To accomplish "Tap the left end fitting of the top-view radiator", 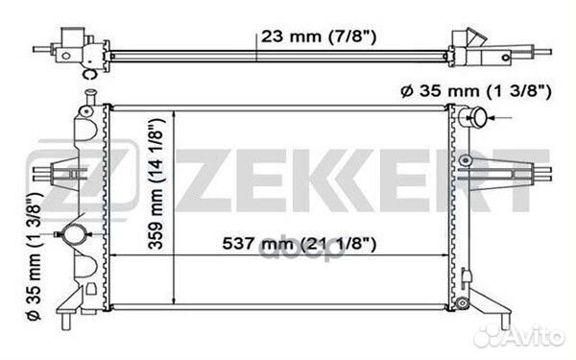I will tap(72, 46).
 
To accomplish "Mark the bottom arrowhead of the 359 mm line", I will tap(172, 308).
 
